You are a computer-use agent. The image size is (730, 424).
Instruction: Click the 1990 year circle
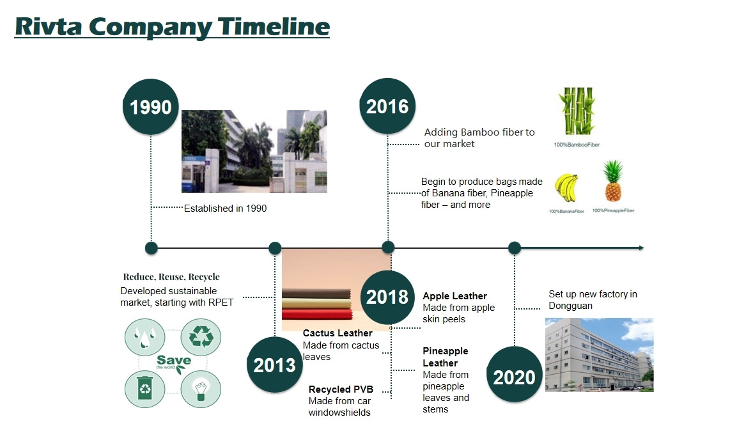tap(150, 107)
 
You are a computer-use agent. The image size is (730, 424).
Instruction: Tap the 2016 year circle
tap(387, 106)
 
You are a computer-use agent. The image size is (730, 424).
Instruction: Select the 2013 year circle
tap(275, 365)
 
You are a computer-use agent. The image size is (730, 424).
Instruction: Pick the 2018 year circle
tap(387, 297)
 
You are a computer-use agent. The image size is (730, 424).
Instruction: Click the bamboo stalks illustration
tap(577, 111)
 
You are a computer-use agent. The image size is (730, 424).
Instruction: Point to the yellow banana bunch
tap(566, 188)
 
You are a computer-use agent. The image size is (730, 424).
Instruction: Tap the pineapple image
tap(613, 181)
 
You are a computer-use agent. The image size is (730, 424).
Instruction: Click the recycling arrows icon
tap(201, 336)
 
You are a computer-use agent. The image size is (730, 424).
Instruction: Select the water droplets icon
tap(145, 336)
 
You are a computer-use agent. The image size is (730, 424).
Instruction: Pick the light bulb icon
tap(201, 389)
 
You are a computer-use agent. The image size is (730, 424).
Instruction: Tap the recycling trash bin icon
tap(145, 389)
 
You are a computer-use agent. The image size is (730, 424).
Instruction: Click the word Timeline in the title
tap(274, 26)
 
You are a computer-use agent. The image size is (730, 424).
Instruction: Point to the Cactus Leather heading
tap(338, 333)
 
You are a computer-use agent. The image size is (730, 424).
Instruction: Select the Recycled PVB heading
tap(341, 389)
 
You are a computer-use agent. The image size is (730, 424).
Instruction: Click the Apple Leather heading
tap(455, 296)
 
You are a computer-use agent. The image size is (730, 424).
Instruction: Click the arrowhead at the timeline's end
tap(642, 248)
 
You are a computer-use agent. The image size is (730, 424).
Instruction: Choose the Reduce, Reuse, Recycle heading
tap(171, 277)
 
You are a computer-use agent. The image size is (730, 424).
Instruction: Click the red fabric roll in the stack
tap(316, 314)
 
